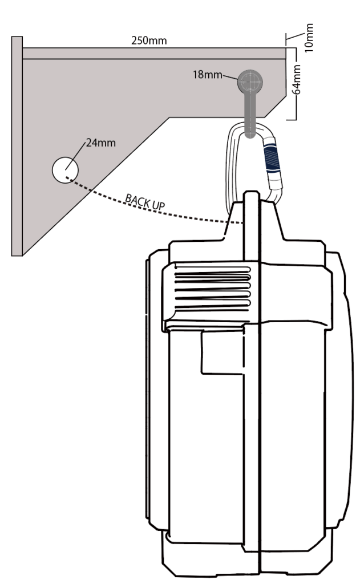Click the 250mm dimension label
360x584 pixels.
pyautogui.click(x=149, y=40)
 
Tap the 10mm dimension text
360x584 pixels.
pyautogui.click(x=309, y=38)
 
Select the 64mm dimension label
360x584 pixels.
pyautogui.click(x=296, y=80)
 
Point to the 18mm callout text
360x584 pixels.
pyautogui.click(x=207, y=75)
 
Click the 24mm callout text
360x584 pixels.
pyautogui.click(x=100, y=143)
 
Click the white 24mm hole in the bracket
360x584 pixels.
pyautogui.click(x=65, y=170)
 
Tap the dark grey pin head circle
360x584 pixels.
pyautogui.click(x=250, y=82)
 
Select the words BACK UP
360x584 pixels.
pyautogui.click(x=145, y=202)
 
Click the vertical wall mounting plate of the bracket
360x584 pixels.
pyautogui.click(x=17, y=146)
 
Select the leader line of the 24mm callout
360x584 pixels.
pyautogui.click(x=76, y=156)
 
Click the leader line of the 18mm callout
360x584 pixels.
pyautogui.click(x=230, y=78)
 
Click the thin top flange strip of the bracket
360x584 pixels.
pyautogui.click(x=154, y=53)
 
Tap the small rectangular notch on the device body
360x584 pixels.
pyautogui.click(x=223, y=352)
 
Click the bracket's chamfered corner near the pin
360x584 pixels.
pyautogui.click(x=275, y=107)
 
